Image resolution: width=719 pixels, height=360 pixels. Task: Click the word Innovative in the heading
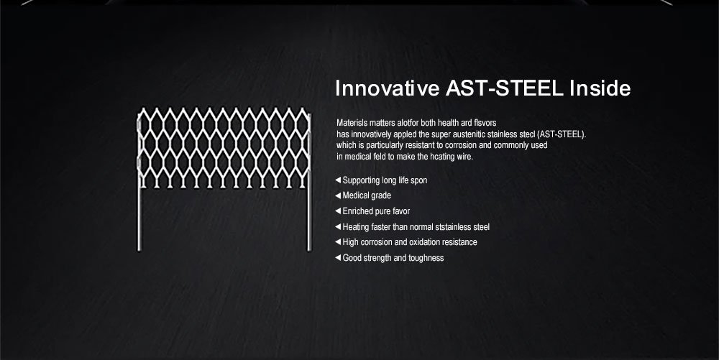[x=387, y=88]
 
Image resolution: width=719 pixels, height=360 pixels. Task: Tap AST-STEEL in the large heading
[x=505, y=88]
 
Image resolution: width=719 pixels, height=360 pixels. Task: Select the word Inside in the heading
[x=600, y=88]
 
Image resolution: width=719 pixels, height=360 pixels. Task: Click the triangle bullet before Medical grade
[x=338, y=195]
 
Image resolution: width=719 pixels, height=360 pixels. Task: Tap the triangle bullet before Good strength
[x=338, y=258]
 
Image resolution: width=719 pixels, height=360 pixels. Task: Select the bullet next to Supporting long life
[x=338, y=180]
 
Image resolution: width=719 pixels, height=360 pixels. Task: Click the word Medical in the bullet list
[x=354, y=195]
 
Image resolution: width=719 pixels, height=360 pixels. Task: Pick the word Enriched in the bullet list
[x=357, y=211]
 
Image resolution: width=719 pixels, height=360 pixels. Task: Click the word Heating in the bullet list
[x=356, y=227]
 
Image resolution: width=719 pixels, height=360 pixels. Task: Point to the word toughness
[x=425, y=258]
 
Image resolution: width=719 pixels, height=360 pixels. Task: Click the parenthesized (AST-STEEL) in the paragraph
[x=562, y=134]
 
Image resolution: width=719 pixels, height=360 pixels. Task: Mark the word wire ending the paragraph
[x=464, y=157]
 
